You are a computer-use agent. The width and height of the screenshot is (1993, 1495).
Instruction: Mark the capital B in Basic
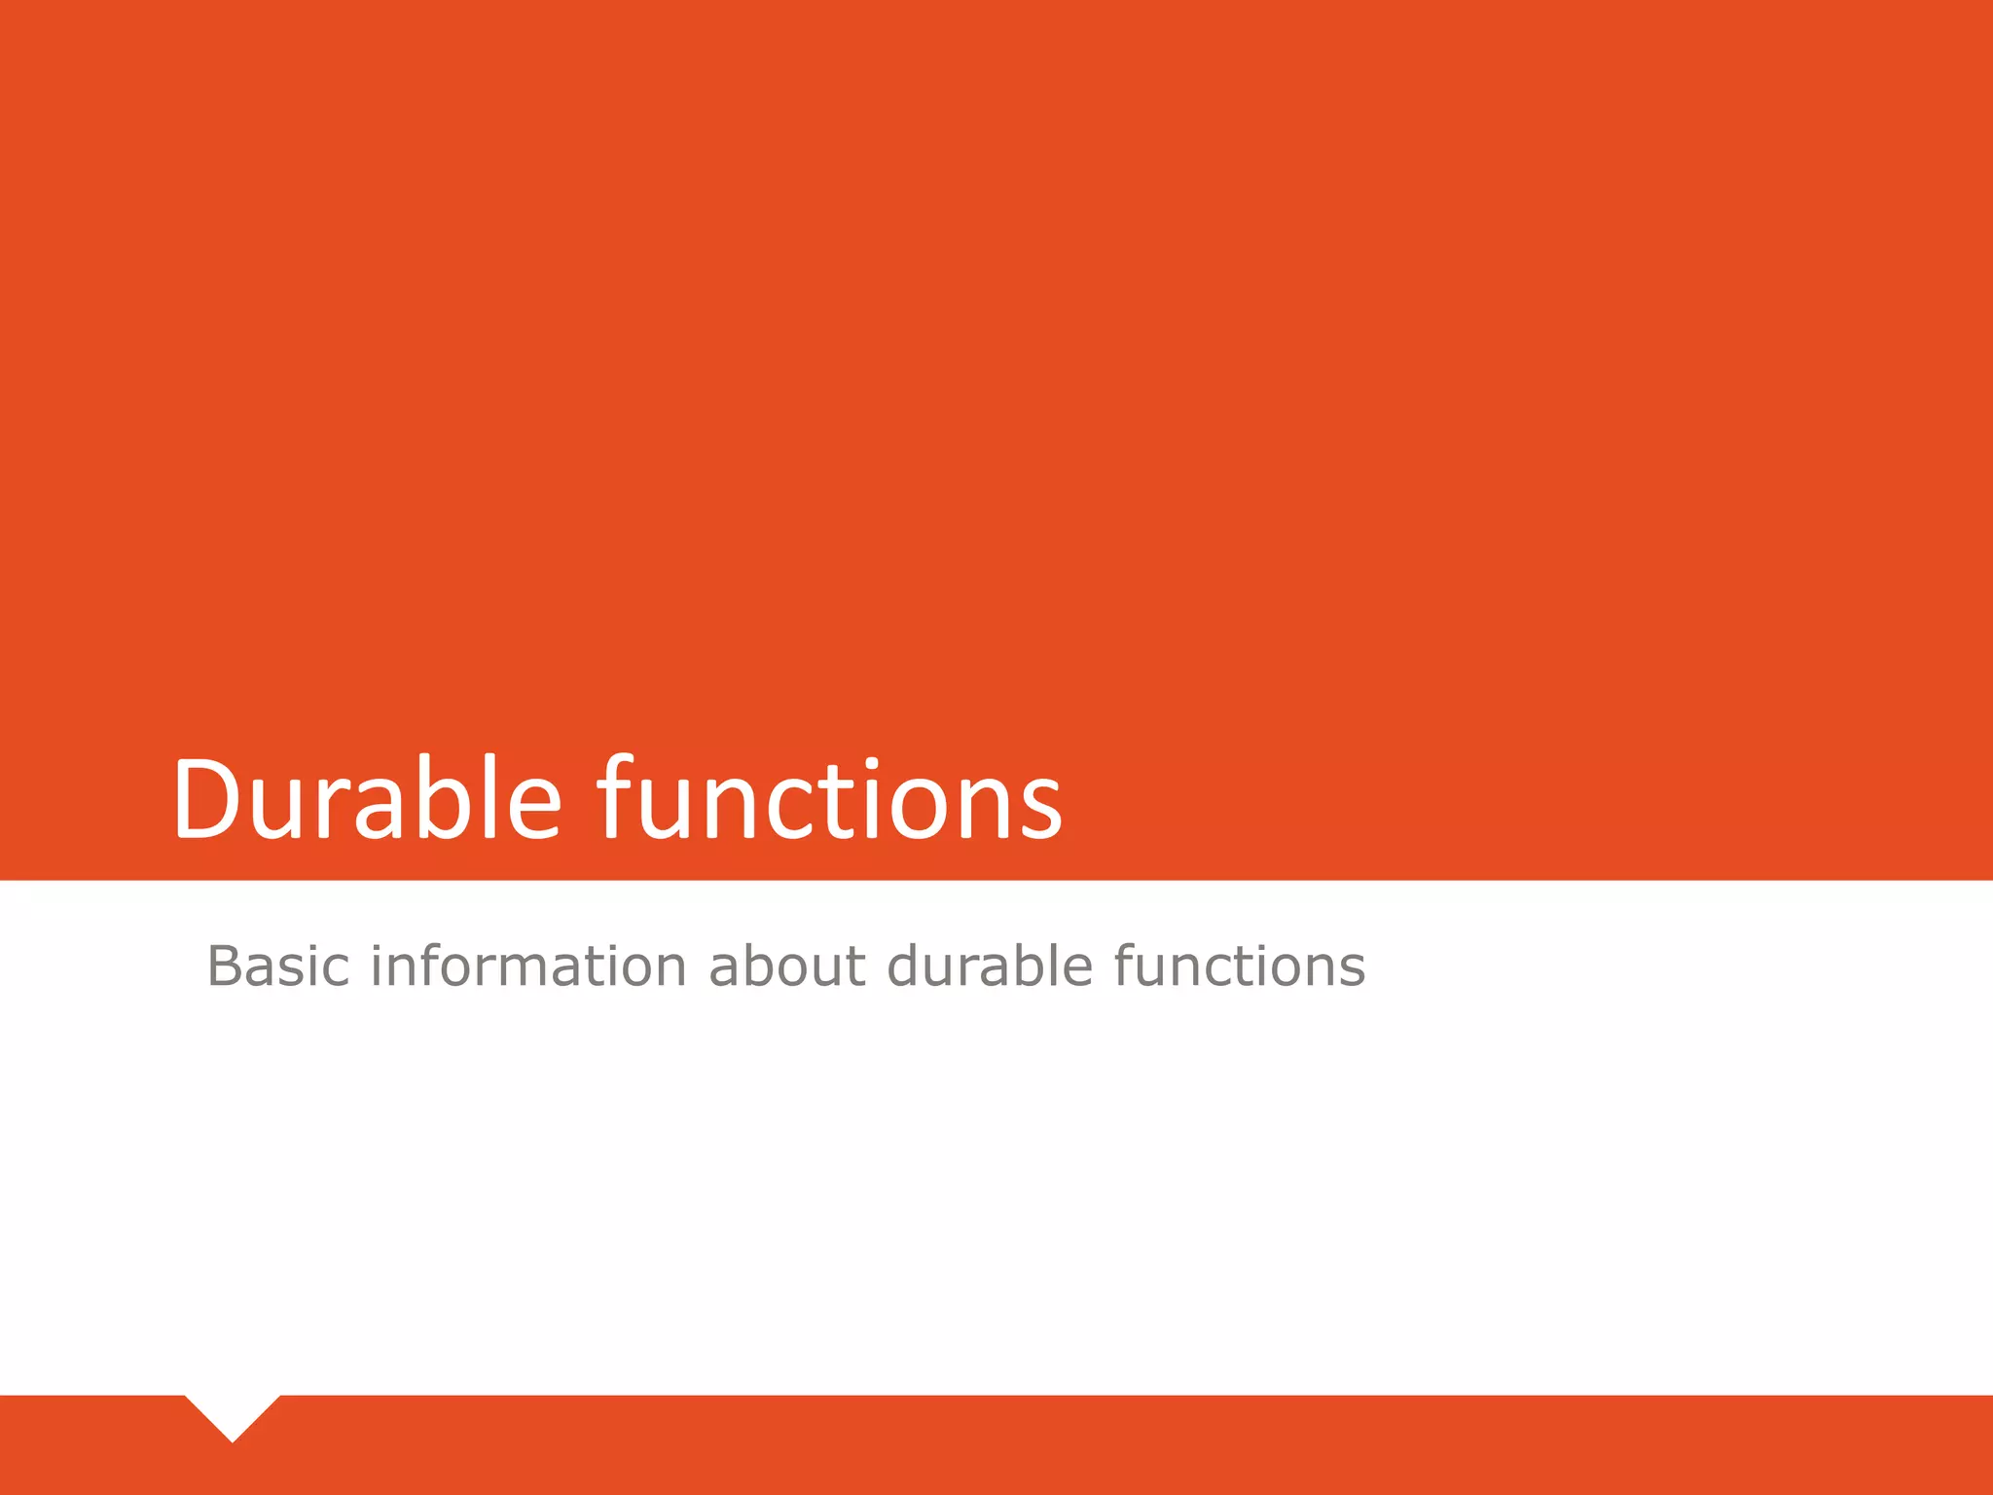pos(224,966)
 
